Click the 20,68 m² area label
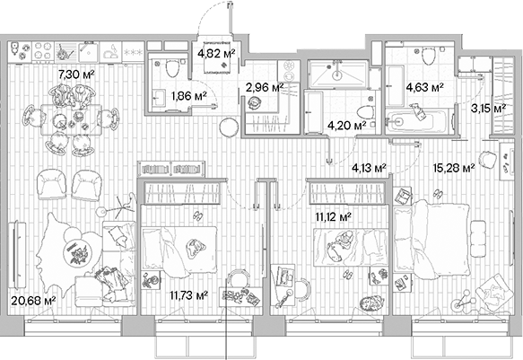[x=31, y=302]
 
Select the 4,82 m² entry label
[x=215, y=53]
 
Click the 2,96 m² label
[x=264, y=88]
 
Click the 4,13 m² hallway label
[x=368, y=168]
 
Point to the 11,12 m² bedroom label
[x=332, y=215]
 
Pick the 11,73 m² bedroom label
[x=188, y=294]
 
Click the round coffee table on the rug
[x=77, y=252]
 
